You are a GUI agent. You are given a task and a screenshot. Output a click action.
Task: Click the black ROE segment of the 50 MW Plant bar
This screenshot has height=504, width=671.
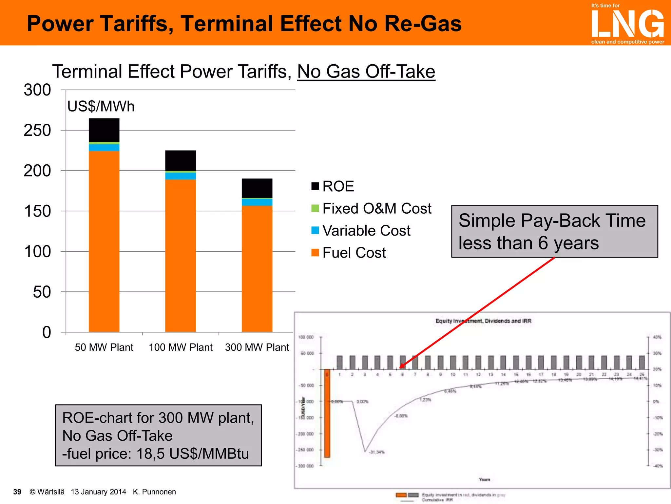(104, 130)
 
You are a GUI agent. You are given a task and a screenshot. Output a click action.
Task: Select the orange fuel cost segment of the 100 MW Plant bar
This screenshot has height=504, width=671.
(181, 256)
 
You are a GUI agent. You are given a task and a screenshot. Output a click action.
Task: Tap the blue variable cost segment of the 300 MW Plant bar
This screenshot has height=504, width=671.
(257, 202)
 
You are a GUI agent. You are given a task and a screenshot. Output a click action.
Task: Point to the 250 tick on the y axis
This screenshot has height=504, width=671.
(37, 131)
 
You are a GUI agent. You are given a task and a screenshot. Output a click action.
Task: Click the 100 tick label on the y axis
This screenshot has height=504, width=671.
(37, 252)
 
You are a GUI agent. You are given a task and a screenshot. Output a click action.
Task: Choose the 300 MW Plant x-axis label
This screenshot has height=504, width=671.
(257, 347)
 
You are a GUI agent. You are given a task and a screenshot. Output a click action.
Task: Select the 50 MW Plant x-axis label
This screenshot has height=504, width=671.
(104, 347)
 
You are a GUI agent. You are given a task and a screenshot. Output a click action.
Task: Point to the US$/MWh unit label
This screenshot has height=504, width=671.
(101, 107)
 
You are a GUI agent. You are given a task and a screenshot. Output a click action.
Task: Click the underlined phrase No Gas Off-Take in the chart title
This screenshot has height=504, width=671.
(366, 72)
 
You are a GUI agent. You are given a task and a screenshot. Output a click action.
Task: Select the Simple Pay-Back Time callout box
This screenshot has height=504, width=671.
(554, 231)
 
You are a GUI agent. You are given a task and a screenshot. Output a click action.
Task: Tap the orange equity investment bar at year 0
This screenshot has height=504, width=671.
(327, 413)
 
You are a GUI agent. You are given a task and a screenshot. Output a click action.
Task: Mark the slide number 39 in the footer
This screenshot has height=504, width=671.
(17, 492)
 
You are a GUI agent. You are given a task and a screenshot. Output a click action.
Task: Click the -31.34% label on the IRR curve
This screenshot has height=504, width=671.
(377, 452)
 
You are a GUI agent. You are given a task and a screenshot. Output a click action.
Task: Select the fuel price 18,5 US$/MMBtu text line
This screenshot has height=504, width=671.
(156, 454)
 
